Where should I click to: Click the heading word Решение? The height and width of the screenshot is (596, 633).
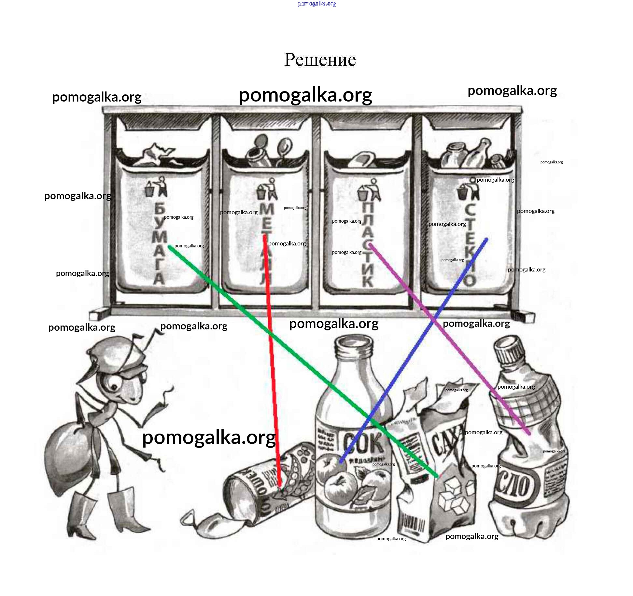tap(320, 60)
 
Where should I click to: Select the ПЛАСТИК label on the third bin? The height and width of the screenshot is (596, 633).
tap(368, 244)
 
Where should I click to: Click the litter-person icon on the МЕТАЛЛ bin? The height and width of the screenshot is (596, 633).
tap(267, 190)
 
